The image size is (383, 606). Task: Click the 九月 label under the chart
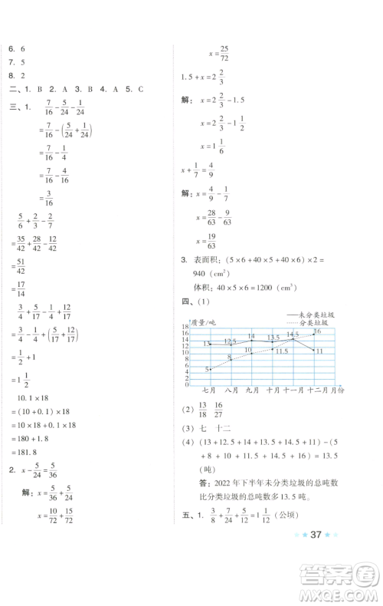(252, 390)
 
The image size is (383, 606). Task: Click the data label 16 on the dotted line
(316, 331)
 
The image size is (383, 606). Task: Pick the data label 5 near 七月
(207, 370)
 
